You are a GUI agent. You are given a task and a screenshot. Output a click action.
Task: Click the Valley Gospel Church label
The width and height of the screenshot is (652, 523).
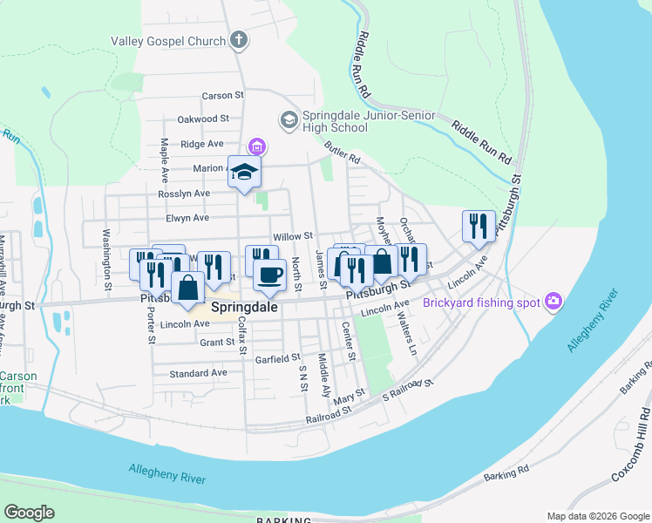tap(166, 40)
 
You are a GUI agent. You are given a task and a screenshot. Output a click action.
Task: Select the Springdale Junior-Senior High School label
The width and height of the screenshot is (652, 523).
tap(335, 121)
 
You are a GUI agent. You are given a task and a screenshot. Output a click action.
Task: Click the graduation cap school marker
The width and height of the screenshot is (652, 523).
tap(245, 172)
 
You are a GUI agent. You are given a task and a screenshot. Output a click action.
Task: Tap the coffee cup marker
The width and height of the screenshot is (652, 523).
tap(269, 275)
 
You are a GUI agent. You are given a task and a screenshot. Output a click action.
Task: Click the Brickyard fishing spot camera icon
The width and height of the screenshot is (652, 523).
tap(554, 302)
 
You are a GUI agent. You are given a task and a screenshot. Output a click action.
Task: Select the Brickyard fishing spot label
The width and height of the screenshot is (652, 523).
tap(480, 303)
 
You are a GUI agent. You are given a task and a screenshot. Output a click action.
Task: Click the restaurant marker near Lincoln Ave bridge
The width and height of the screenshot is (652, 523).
tap(479, 226)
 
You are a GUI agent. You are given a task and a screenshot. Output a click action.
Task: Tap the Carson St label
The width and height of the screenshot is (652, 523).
tap(222, 95)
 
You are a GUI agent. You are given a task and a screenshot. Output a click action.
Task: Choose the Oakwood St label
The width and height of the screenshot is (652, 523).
tap(202, 118)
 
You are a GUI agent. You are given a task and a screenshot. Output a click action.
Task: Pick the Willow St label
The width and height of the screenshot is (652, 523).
tap(292, 236)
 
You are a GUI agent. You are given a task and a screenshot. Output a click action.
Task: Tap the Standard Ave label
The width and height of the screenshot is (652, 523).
tap(198, 373)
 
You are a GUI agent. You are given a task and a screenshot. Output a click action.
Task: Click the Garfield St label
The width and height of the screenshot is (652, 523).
tap(276, 357)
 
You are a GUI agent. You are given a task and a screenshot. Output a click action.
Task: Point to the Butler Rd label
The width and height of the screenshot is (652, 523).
tap(342, 154)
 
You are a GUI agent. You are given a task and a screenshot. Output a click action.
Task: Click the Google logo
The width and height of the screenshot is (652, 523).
tap(29, 513)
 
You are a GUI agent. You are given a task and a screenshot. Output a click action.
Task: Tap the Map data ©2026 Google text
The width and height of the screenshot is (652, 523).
tap(597, 516)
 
